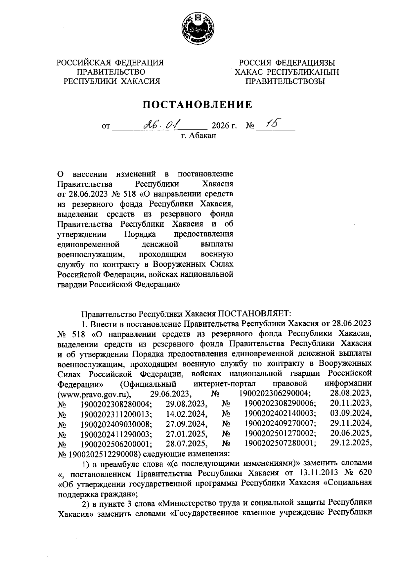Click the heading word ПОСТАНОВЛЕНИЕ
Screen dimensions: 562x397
coord(197,105)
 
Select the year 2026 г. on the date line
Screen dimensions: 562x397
coord(225,126)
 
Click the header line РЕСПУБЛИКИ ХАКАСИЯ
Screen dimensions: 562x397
coord(112,81)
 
